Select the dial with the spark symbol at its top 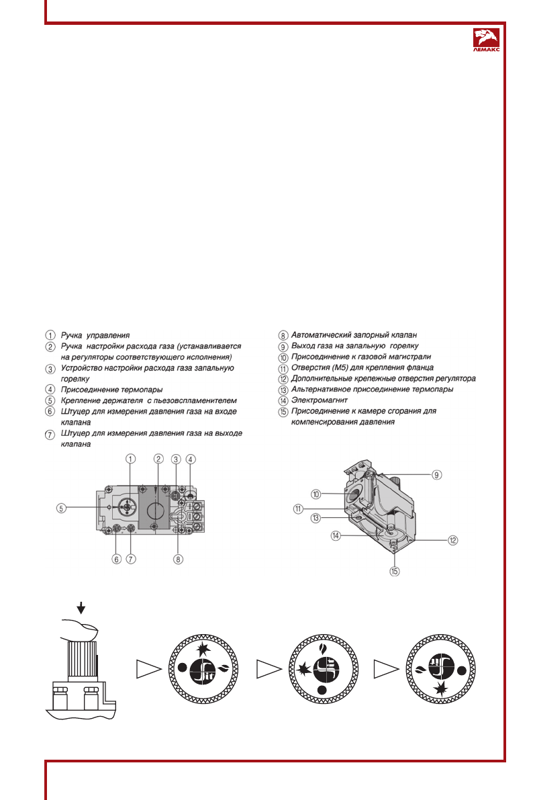tap(201, 668)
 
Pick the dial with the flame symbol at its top tap(322, 668)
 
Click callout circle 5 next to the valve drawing tap(60, 508)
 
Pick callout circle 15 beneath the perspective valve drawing tap(395, 572)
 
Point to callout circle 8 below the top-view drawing tap(178, 559)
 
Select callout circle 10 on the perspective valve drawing tap(325, 494)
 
